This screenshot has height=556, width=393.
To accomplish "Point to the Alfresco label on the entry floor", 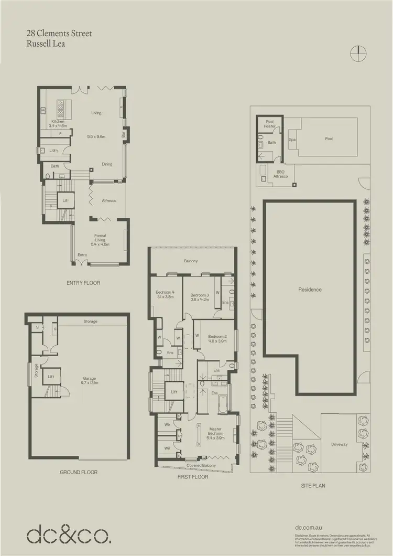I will click(x=108, y=201).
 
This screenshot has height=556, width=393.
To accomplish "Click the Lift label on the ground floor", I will click(x=51, y=376).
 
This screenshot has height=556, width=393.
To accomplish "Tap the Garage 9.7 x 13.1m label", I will click(x=90, y=381).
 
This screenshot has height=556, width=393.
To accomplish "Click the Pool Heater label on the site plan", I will click(x=270, y=124).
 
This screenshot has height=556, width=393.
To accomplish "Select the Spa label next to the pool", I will click(x=292, y=140).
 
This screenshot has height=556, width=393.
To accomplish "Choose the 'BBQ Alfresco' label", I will click(x=281, y=174).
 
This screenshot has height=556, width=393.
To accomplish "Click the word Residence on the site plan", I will click(x=310, y=290).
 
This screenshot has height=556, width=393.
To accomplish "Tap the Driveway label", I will click(x=339, y=444).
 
